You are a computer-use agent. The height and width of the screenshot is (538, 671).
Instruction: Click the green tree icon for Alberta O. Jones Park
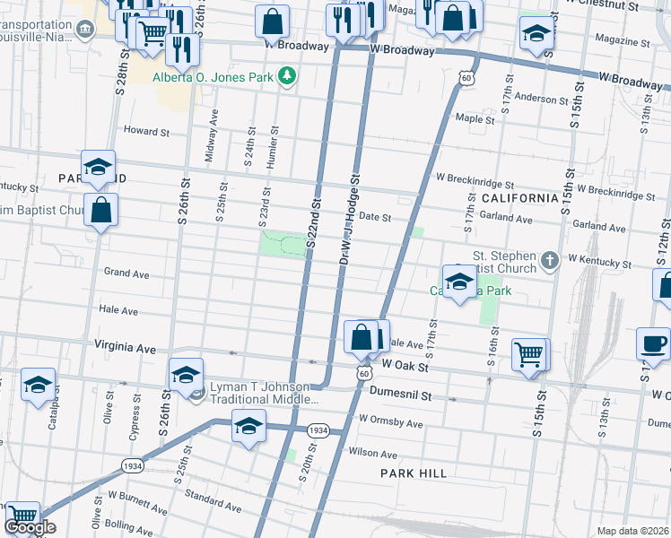pyautogui.click(x=287, y=77)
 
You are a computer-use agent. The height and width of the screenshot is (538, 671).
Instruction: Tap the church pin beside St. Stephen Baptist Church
pyautogui.click(x=549, y=260)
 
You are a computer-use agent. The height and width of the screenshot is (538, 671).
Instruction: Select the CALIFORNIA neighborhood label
pyautogui.click(x=519, y=197)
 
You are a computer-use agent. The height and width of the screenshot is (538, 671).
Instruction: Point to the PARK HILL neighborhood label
pyautogui.click(x=413, y=473)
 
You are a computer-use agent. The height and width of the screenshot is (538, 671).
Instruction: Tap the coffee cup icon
pyautogui.click(x=653, y=343)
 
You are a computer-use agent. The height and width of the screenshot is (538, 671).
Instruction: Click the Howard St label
pyautogui.click(x=146, y=132)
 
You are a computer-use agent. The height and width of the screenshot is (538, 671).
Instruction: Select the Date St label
pyautogui.click(x=375, y=217)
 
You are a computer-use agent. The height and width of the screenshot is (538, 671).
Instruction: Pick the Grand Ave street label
pyautogui.click(x=126, y=272)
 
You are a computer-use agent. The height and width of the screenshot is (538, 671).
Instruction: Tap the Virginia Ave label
pyautogui.click(x=126, y=345)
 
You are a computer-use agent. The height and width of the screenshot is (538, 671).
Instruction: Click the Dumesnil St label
pyautogui.click(x=401, y=395)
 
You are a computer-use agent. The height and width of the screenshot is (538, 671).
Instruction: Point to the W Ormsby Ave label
pyautogui.click(x=390, y=421)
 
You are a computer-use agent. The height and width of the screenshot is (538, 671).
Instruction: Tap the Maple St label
pyautogui.click(x=475, y=118)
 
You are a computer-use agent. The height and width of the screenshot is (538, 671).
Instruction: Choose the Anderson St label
pyautogui.click(x=536, y=99)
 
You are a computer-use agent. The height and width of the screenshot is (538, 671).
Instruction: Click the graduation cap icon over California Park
pyautogui.click(x=458, y=282)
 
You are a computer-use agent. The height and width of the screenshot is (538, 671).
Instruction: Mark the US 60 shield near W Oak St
pyautogui.click(x=362, y=369)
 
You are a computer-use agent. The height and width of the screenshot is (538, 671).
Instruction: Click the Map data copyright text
pyautogui.click(x=633, y=531)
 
